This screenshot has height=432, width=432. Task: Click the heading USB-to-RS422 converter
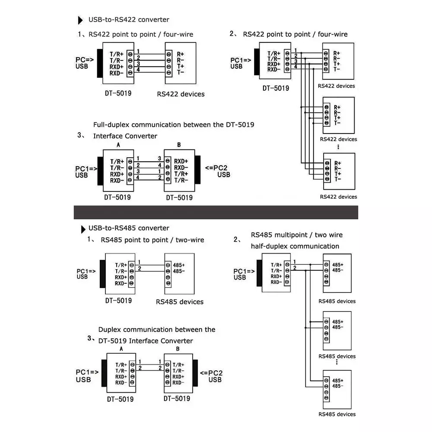[x=129, y=19]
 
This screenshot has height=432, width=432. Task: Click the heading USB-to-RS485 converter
[x=129, y=228]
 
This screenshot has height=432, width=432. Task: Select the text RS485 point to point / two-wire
[x=152, y=240]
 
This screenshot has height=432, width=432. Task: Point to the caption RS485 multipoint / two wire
[x=296, y=235]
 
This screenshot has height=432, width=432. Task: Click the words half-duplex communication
[x=295, y=246]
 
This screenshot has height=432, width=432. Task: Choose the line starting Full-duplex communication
[x=174, y=125]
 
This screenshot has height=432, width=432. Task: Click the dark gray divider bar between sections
[x=216, y=212]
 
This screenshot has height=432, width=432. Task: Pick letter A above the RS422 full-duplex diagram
[x=118, y=145]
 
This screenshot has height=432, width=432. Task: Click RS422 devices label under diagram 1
[x=180, y=94]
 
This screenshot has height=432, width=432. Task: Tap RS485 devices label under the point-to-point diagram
[x=180, y=302]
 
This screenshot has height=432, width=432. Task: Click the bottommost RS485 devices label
[x=337, y=414]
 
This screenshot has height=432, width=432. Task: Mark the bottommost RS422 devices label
[x=338, y=197]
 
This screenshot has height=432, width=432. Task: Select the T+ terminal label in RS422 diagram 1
[x=180, y=67]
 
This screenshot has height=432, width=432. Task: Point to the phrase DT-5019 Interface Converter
[x=146, y=341]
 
